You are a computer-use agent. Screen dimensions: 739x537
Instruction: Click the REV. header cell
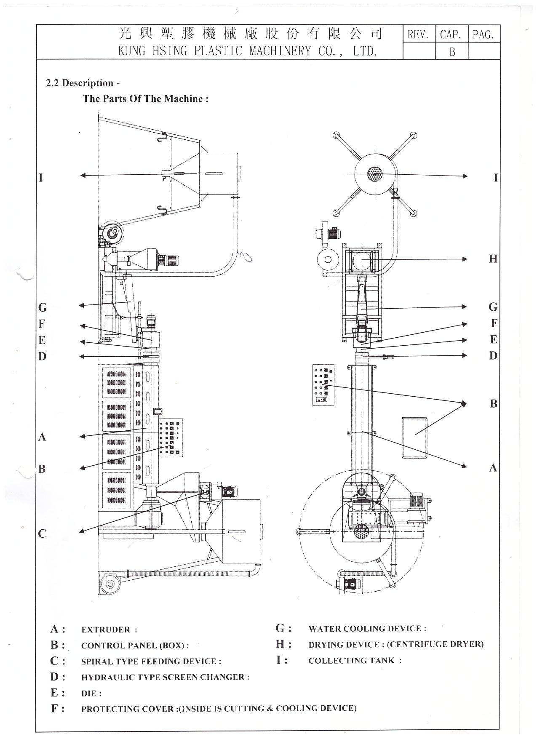click(418, 35)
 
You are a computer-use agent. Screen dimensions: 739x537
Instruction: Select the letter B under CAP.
click(452, 52)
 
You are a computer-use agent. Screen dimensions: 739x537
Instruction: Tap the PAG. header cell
click(484, 35)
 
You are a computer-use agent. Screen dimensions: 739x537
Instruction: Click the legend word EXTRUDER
click(106, 630)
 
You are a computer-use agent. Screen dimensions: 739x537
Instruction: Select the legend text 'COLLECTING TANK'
click(352, 660)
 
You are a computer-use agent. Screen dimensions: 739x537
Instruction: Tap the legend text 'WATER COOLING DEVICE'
click(365, 629)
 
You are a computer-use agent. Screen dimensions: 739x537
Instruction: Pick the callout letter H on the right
click(493, 259)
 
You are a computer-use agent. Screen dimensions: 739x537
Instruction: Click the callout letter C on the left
click(42, 534)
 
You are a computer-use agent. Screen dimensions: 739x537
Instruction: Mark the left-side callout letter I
click(41, 178)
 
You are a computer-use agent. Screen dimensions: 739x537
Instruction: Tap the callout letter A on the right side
click(493, 467)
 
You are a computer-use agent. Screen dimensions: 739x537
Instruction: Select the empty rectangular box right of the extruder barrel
click(415, 437)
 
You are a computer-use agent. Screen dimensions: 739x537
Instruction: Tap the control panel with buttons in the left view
click(171, 437)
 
